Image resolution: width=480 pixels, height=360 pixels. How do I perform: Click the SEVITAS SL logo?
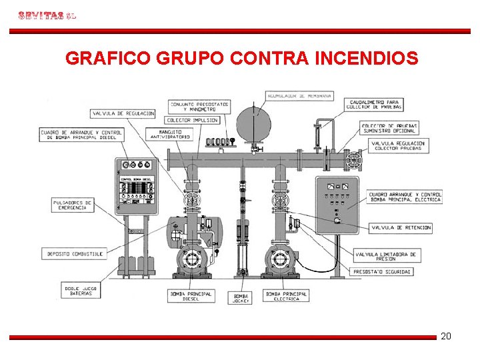click(x=47, y=15)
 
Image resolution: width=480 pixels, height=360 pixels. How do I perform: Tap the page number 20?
click(x=446, y=336)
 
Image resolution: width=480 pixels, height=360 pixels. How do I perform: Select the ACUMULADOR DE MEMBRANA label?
click(x=299, y=96)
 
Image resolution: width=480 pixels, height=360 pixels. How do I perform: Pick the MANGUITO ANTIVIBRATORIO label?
click(x=170, y=135)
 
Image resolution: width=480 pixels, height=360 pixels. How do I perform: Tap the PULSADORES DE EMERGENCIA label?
click(x=72, y=205)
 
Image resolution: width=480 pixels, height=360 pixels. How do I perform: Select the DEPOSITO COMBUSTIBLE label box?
click(x=75, y=254)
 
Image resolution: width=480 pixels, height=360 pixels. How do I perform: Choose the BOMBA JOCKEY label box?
click(x=241, y=298)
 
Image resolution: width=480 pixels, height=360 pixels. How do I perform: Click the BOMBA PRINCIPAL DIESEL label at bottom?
click(x=191, y=296)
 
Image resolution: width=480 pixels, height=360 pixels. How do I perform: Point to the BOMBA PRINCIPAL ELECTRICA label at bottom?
click(x=287, y=296)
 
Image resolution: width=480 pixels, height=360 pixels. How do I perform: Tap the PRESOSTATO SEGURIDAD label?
click(x=382, y=271)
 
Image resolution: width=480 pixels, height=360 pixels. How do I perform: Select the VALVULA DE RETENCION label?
click(x=399, y=227)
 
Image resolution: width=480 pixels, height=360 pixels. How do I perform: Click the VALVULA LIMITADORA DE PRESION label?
click(x=386, y=256)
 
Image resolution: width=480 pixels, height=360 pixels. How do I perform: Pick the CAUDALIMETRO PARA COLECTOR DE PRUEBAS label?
click(x=374, y=105)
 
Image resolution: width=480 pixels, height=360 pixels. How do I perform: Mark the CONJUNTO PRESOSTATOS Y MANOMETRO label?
click(x=200, y=107)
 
